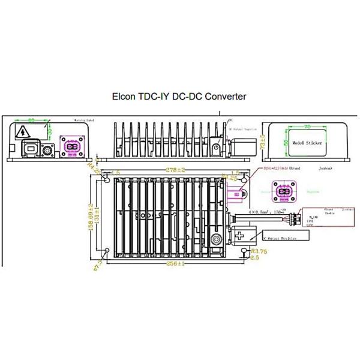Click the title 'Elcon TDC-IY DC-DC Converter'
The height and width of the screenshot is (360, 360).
179,96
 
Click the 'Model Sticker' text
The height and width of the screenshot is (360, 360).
307,143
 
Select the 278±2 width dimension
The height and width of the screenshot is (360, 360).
174,170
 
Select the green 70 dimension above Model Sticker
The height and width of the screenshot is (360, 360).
307,127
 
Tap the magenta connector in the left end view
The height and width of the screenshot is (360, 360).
70,147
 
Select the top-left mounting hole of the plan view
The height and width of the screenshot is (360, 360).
106,180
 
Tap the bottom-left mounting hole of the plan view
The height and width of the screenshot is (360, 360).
106,251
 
